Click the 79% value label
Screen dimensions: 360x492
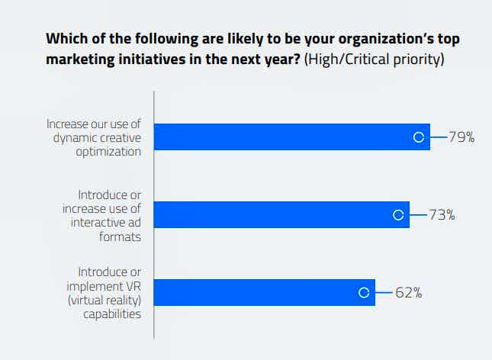point(461,137)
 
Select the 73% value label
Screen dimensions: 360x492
point(442,215)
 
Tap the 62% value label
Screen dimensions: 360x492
point(408,292)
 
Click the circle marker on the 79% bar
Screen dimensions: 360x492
point(417,137)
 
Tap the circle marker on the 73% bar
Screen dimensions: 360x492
point(397,215)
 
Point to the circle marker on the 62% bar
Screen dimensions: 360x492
point(364,292)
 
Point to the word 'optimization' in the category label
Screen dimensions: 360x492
point(108,151)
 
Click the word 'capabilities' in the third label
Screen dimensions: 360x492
point(112,313)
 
